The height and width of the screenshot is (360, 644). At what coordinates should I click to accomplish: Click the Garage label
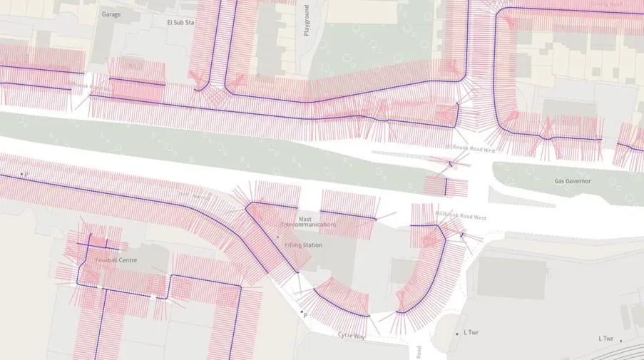pos(111,14)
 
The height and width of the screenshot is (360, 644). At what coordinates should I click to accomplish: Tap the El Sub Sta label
pos(180,23)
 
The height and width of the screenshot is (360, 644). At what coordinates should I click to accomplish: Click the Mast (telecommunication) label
pos(307,222)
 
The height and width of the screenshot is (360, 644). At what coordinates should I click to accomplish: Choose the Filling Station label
pos(304,245)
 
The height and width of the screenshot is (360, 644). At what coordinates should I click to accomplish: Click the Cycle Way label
pos(352,335)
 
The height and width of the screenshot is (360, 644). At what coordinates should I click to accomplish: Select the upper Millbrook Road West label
pos(470,148)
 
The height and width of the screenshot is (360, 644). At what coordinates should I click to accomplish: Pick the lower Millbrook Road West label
pos(460,217)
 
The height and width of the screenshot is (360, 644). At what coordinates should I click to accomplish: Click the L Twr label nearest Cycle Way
pos(470,333)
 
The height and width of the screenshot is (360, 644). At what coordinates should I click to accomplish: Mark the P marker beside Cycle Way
pos(304,314)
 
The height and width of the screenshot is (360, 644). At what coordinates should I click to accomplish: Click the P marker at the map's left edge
pos(24,173)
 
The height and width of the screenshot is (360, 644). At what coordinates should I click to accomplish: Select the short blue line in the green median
pos(446,187)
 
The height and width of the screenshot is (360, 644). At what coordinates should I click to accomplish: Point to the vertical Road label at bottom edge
pos(419,352)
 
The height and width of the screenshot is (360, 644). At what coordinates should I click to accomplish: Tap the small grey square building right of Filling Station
pos(403,270)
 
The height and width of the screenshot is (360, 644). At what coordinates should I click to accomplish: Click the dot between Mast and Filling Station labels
pos(277,237)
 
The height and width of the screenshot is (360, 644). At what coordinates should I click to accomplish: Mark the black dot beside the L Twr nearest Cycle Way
pos(457,334)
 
